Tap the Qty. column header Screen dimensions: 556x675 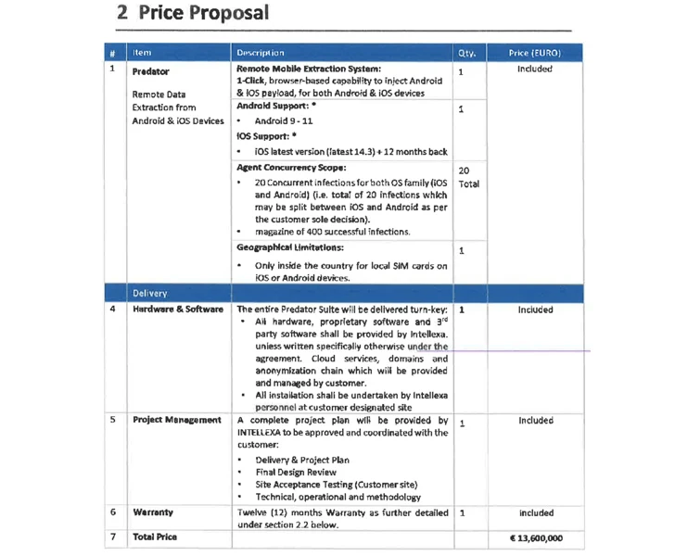point(465,53)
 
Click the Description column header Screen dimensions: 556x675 point(261,53)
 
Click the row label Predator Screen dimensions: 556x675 point(151,69)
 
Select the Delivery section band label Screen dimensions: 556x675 point(150,294)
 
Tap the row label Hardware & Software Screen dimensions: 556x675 point(178,310)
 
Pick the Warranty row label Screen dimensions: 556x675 point(153,512)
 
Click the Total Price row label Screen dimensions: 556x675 point(155,537)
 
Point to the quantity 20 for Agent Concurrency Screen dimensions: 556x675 point(464,171)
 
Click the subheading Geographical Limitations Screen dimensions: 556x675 point(290,248)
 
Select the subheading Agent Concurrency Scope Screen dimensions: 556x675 point(291,168)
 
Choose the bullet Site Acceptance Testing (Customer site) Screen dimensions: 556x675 point(337,485)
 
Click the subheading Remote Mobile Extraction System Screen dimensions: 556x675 point(309,69)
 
